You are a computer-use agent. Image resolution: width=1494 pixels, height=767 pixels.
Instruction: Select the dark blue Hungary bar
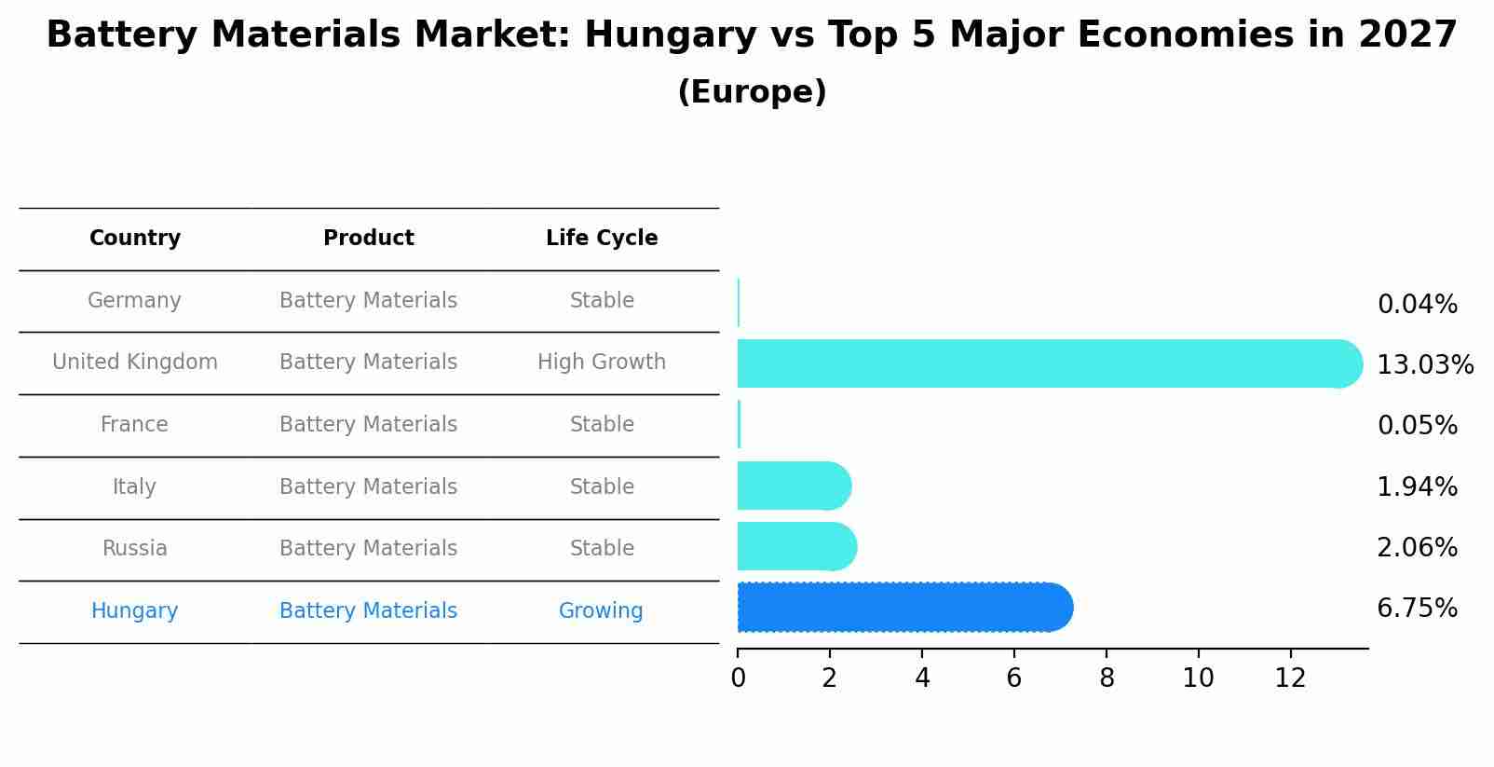pyautogui.click(x=903, y=608)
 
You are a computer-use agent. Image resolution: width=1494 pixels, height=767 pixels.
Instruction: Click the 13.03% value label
pyautogui.click(x=1424, y=364)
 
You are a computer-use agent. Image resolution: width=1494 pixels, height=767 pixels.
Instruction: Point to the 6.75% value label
pyautogui.click(x=1417, y=609)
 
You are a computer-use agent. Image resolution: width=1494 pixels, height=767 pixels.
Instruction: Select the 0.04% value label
pyautogui.click(x=1417, y=305)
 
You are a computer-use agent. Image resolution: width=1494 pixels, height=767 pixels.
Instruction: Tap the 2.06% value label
pyautogui.click(x=1417, y=547)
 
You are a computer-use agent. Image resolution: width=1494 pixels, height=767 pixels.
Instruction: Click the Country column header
pyautogui.click(x=135, y=239)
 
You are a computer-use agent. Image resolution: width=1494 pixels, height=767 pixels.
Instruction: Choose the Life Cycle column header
pyautogui.click(x=602, y=239)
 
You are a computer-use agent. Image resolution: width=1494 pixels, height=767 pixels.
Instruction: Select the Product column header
pyautogui.click(x=369, y=239)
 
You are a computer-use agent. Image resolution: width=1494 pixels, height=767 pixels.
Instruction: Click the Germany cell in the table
pyautogui.click(x=134, y=301)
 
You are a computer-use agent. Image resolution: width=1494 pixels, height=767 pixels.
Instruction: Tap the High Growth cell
pyautogui.click(x=602, y=362)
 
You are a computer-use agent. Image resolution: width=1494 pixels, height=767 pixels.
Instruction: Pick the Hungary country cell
pyautogui.click(x=134, y=610)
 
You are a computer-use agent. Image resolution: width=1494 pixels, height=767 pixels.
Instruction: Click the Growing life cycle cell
pyautogui.click(x=601, y=610)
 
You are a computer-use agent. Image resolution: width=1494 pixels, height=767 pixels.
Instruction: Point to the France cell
pyautogui.click(x=134, y=425)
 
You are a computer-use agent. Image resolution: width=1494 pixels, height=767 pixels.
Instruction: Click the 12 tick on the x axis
pyautogui.click(x=1290, y=678)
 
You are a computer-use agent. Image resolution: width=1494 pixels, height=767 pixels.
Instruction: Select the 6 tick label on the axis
pyautogui.click(x=1014, y=678)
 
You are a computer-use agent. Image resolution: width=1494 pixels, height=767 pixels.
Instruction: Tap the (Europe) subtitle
pyautogui.click(x=752, y=92)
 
